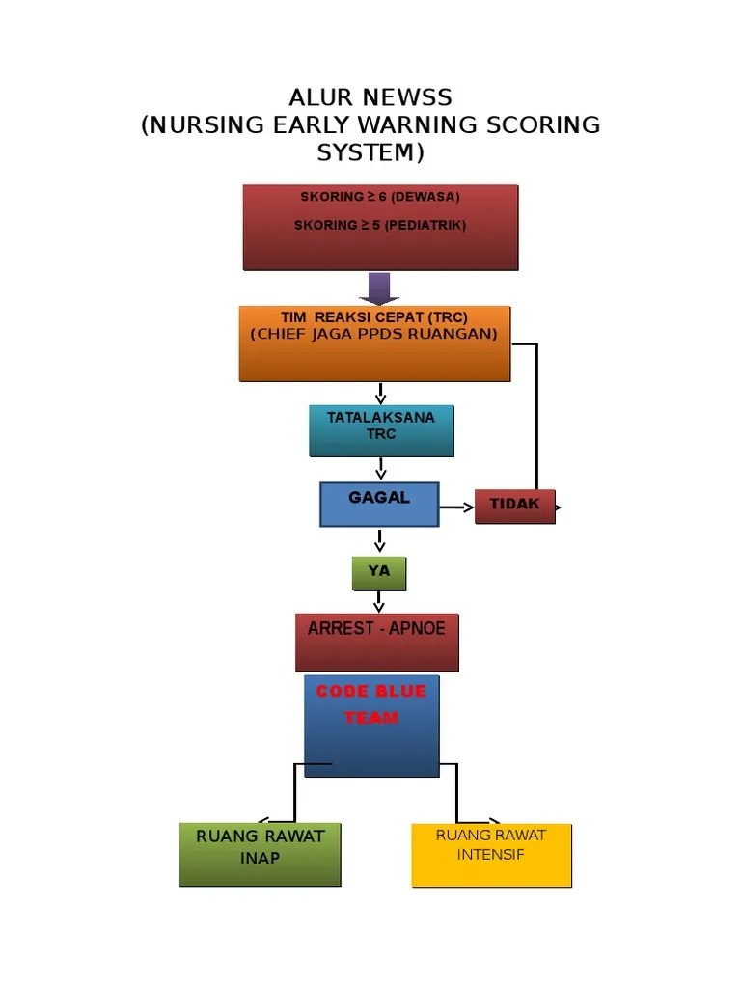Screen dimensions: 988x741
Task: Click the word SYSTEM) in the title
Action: [370, 153]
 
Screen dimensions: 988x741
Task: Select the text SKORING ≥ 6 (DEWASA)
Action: [380, 197]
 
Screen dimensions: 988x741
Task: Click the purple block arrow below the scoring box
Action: [379, 288]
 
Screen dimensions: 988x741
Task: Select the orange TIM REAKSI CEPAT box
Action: [374, 343]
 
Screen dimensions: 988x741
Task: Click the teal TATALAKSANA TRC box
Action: [381, 430]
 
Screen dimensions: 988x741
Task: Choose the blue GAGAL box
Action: [379, 504]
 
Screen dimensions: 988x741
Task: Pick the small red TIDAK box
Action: [514, 507]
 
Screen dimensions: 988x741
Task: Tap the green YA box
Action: [378, 573]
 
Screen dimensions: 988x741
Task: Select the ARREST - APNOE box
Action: [376, 642]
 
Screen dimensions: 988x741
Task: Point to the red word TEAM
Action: [371, 718]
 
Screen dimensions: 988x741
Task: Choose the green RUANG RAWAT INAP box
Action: [260, 854]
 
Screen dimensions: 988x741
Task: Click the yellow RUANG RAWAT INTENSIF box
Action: [491, 855]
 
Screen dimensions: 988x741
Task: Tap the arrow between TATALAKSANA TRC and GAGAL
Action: [381, 469]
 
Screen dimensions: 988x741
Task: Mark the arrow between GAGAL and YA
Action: [380, 541]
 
